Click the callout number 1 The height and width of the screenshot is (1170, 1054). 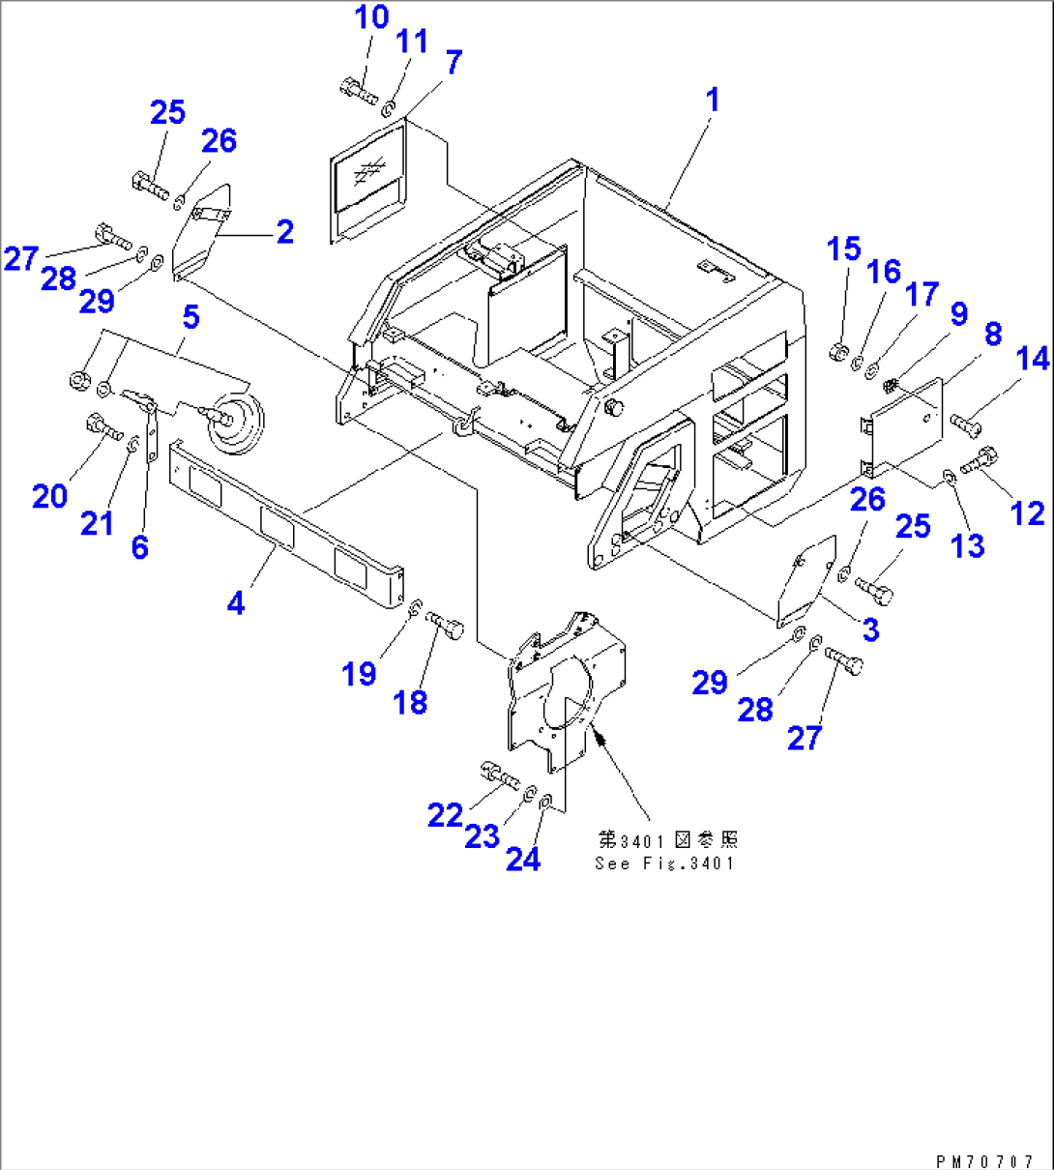point(713,100)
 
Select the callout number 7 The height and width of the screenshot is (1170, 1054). point(454,63)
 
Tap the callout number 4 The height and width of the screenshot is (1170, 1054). point(236,602)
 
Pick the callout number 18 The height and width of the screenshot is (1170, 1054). point(411,702)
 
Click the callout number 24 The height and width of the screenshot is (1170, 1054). point(523,859)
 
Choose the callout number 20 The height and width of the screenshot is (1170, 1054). point(50,496)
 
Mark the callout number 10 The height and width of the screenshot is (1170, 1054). point(371,17)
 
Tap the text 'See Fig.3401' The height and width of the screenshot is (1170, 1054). point(665,863)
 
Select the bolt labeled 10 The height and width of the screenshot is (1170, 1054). point(358,92)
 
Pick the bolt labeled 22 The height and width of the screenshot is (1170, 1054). point(499,775)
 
